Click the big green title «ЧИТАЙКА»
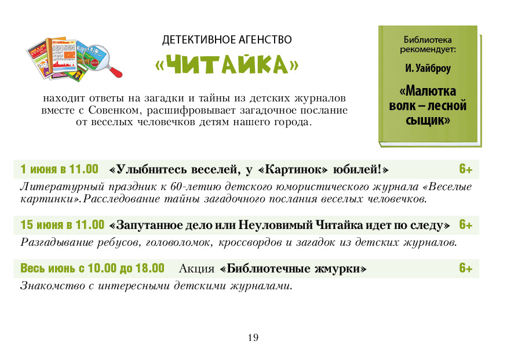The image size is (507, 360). click(227, 65)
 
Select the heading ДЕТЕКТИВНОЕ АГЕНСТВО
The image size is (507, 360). click(227, 40)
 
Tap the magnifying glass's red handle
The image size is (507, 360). click(115, 71)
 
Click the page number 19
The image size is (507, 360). click(253, 338)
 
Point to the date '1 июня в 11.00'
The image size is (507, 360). click(59, 169)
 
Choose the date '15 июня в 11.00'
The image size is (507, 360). click(63, 225)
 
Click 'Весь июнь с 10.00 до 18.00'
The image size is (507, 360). click(93, 268)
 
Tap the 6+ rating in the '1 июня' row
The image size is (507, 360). click(466, 169)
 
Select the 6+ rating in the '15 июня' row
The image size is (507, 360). click(466, 224)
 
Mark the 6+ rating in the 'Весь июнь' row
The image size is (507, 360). click(466, 268)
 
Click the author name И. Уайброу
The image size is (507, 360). click(428, 68)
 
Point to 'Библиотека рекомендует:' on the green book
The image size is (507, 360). click(428, 45)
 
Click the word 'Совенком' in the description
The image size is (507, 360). click(115, 110)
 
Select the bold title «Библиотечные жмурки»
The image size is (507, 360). click(293, 268)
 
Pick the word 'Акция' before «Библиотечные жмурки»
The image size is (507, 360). click(196, 268)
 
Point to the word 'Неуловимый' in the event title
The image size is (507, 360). click(276, 225)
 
